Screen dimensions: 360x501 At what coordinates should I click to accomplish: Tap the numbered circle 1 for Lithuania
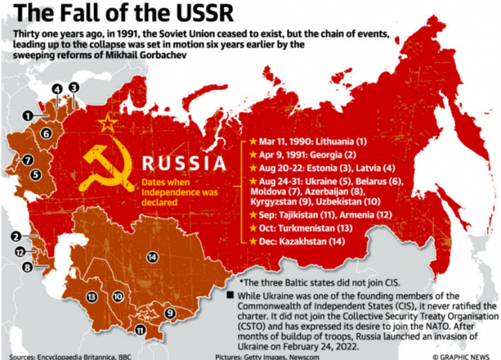point(27,115)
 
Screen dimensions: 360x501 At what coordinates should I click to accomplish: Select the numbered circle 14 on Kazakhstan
point(153,256)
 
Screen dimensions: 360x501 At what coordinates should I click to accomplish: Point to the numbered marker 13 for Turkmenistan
point(91,297)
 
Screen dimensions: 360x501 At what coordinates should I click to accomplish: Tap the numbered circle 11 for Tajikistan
point(140,330)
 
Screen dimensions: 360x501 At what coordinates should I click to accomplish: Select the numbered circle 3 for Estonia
point(74,87)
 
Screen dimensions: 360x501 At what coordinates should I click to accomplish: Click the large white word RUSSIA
point(185,163)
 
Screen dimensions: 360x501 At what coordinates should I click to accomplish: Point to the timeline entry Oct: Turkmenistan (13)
point(307,228)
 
